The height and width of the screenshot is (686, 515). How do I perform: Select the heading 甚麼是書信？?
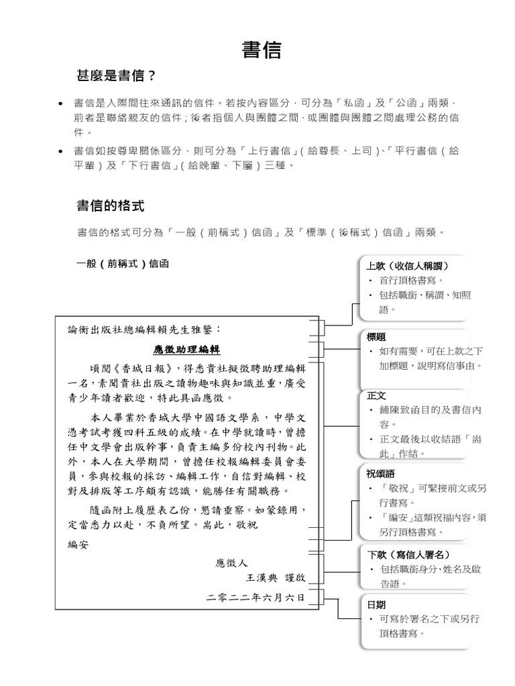[117, 76]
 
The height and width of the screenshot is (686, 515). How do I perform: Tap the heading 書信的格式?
[111, 204]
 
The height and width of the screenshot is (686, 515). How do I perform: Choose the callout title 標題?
[376, 336]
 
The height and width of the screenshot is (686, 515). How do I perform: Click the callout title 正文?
[376, 395]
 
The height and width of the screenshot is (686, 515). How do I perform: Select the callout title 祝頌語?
[381, 474]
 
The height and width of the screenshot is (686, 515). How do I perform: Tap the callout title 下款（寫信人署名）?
[408, 555]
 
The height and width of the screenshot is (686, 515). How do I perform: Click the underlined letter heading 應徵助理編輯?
[186, 350]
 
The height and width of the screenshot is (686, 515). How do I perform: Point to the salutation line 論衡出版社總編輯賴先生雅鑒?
[144, 330]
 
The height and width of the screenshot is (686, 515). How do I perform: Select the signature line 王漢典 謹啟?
[275, 577]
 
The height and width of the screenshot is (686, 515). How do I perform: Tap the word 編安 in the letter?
[78, 545]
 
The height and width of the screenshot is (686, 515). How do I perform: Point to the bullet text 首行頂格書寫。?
[411, 281]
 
